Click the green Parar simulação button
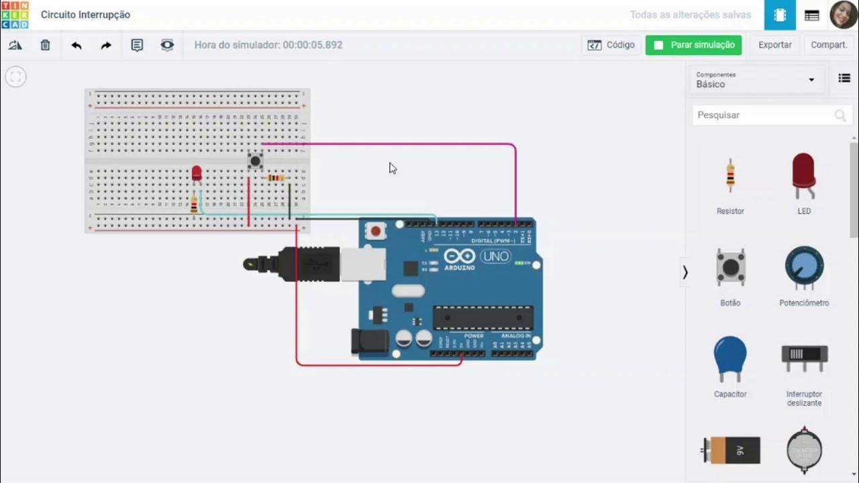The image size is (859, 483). click(693, 45)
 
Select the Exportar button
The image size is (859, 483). click(774, 45)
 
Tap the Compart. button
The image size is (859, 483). click(829, 45)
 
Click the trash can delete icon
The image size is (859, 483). click(45, 46)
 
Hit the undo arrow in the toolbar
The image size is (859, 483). click(77, 46)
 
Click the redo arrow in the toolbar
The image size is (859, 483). click(106, 46)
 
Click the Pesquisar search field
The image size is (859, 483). click(765, 115)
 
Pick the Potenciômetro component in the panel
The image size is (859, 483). click(804, 269)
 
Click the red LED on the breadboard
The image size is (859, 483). click(197, 173)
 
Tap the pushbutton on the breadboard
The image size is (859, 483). click(255, 161)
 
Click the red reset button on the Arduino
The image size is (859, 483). click(376, 231)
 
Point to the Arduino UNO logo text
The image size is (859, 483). click(495, 256)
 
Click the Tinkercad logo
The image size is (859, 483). click(15, 15)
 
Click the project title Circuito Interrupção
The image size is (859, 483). click(85, 15)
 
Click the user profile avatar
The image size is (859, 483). click(843, 15)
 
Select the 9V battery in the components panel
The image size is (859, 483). click(731, 449)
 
